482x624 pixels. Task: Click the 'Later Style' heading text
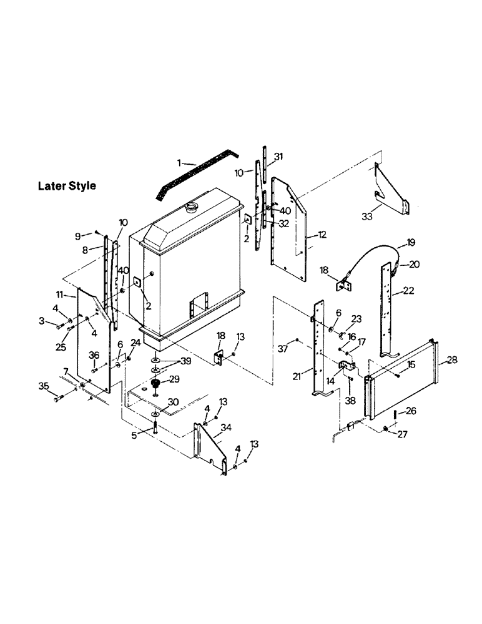(67, 186)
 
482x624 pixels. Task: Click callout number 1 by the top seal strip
(179, 163)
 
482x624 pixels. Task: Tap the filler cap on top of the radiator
(191, 207)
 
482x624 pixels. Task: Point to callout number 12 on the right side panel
(322, 235)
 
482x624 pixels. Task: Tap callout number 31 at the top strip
(278, 156)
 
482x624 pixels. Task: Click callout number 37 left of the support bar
(283, 348)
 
